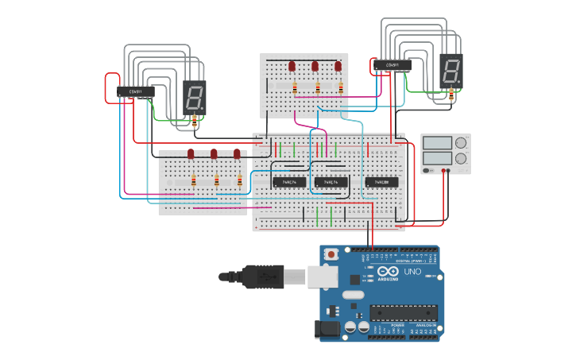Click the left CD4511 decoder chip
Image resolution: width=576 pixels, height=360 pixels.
coord(136,91)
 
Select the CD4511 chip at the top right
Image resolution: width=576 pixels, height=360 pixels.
coord(392,65)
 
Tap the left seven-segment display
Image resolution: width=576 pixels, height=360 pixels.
coord(195,95)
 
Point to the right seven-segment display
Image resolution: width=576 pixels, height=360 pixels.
coord(450,70)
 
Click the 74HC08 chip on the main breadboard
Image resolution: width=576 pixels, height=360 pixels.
coord(381,182)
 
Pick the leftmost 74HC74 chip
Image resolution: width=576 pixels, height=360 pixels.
coord(289,182)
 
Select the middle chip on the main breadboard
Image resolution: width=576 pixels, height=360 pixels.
coord(331,182)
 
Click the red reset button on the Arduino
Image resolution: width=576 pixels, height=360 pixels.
coord(331,254)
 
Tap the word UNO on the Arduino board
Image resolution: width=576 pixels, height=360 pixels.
coord(412,272)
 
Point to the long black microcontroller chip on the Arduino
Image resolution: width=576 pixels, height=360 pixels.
coord(403,313)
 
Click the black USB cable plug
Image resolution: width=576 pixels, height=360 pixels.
coord(262,277)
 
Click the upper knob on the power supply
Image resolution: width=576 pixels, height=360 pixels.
coord(460,143)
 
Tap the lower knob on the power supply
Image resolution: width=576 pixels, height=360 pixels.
coord(460,158)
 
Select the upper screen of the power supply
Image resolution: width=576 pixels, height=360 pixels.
coord(436,143)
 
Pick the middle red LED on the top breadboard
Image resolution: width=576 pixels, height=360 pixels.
coord(315,66)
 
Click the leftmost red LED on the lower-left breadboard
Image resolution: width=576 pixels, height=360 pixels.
coord(191,153)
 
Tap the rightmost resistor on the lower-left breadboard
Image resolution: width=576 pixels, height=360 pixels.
coord(238,181)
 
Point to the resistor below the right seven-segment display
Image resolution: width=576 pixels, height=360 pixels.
coord(451,95)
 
